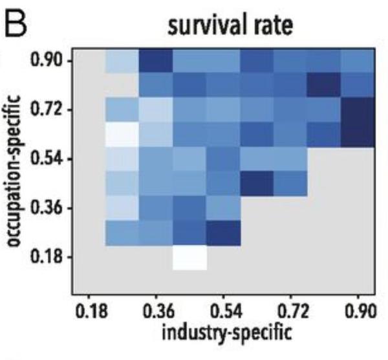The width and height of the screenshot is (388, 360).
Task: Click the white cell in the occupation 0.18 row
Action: [x=189, y=257]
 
